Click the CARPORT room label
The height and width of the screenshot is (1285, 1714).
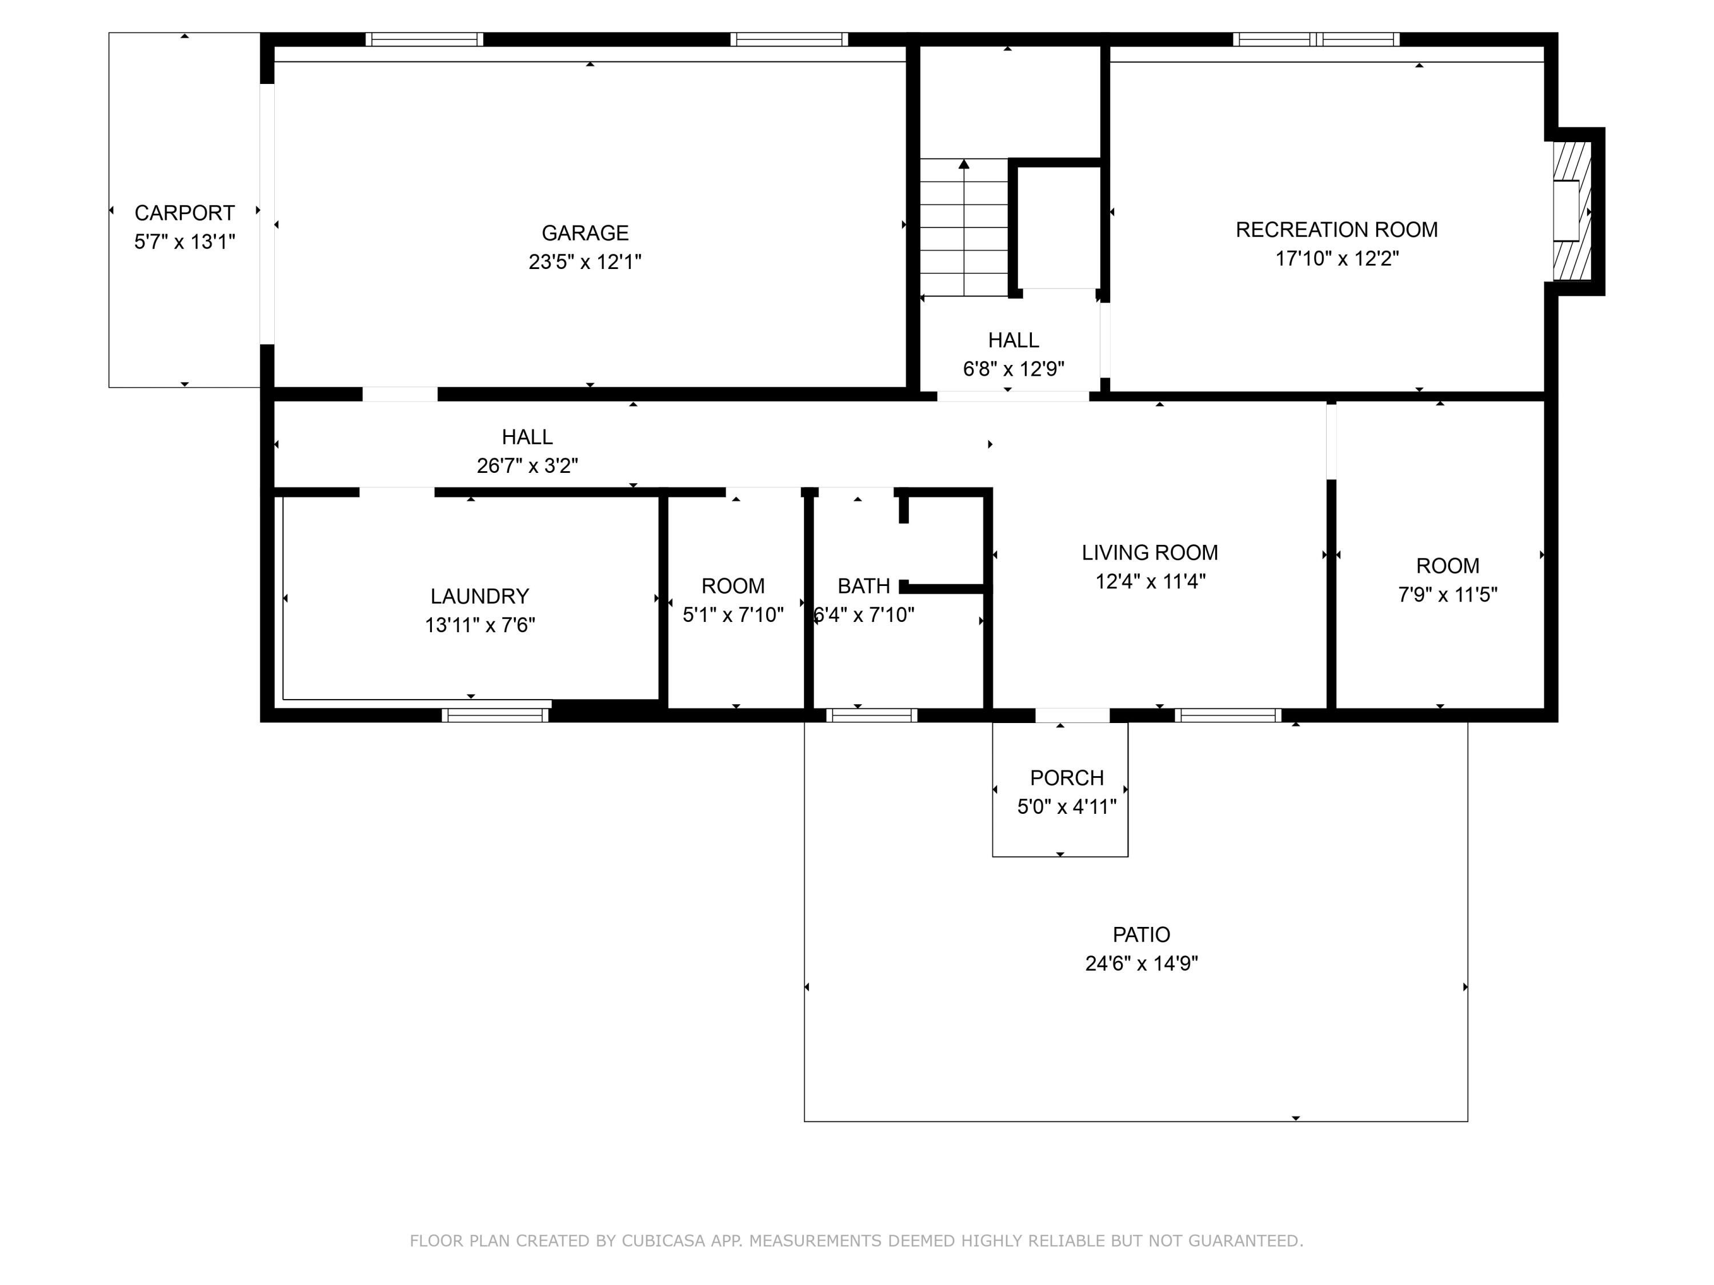click(x=185, y=213)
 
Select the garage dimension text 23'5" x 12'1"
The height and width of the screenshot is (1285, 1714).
click(x=585, y=262)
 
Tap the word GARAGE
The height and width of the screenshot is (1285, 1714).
click(x=585, y=233)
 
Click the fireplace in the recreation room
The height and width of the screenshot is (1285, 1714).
click(x=1571, y=211)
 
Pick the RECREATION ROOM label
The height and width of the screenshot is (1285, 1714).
click(x=1337, y=230)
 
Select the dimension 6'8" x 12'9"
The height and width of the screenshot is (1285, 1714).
click(x=1014, y=369)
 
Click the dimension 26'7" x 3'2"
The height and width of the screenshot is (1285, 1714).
click(x=527, y=465)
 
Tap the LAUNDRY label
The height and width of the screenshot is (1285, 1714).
click(x=480, y=596)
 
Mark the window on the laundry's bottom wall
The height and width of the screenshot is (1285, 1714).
click(x=495, y=715)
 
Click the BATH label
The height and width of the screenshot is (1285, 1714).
click(x=863, y=587)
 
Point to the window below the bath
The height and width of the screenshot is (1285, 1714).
click(x=872, y=715)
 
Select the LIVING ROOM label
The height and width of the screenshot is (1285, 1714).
click(x=1150, y=553)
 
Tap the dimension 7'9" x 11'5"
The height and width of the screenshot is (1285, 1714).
click(x=1447, y=595)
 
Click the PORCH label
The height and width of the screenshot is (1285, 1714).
click(x=1067, y=778)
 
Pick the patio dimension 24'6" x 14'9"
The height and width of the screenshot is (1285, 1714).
click(x=1142, y=963)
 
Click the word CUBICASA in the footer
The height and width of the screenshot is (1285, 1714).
click(x=663, y=1241)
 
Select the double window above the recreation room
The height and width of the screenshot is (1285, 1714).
click(x=1316, y=39)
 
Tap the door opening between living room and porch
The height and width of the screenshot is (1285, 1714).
click(x=1072, y=715)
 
